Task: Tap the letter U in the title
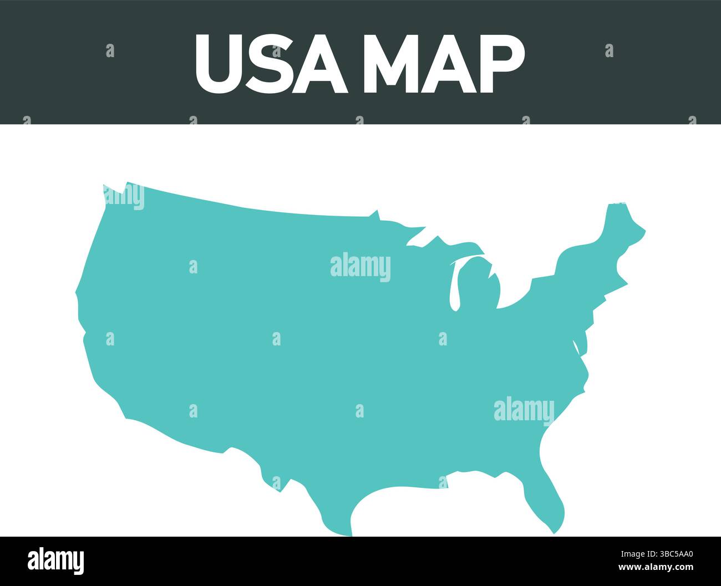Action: (x=219, y=64)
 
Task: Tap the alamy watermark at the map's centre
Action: (x=360, y=267)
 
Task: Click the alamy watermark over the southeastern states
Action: (x=524, y=410)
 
